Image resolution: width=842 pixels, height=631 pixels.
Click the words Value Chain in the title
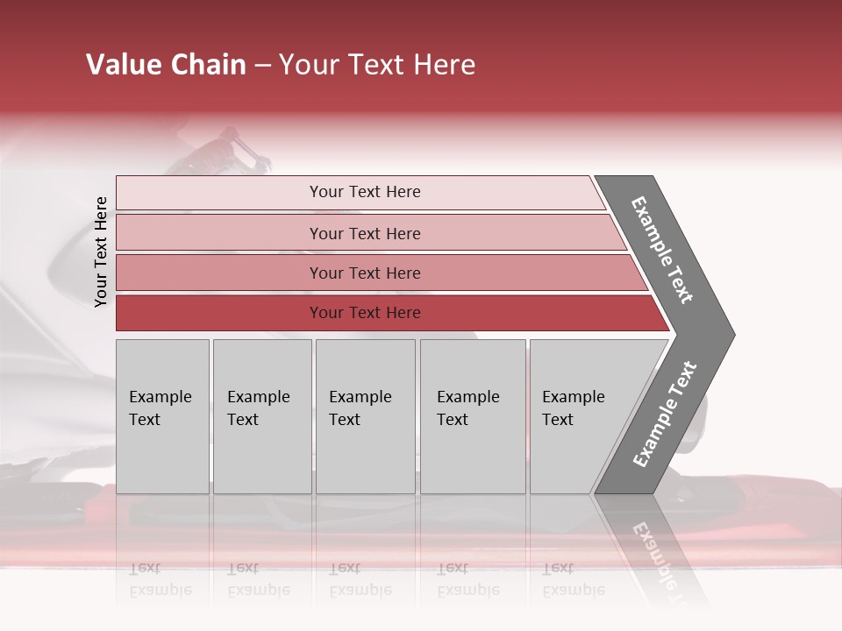(166, 65)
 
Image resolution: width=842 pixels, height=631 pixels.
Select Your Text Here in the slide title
(377, 65)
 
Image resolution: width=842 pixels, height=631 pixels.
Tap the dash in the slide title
(262, 65)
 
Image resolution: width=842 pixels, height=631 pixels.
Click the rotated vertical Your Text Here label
(101, 252)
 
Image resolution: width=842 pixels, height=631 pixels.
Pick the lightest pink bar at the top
(364, 192)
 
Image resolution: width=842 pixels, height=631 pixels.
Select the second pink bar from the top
(364, 233)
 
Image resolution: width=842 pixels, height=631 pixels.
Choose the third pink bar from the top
(364, 273)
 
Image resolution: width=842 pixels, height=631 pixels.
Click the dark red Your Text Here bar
(364, 313)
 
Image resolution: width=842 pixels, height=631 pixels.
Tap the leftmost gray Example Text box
(162, 415)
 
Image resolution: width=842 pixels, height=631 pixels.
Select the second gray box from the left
(261, 415)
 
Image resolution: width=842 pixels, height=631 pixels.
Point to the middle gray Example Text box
(365, 415)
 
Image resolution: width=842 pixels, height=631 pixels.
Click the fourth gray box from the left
(472, 415)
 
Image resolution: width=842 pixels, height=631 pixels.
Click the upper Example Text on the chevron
(662, 251)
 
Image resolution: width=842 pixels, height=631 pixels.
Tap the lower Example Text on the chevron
(665, 414)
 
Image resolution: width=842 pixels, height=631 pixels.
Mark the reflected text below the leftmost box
(160, 579)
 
